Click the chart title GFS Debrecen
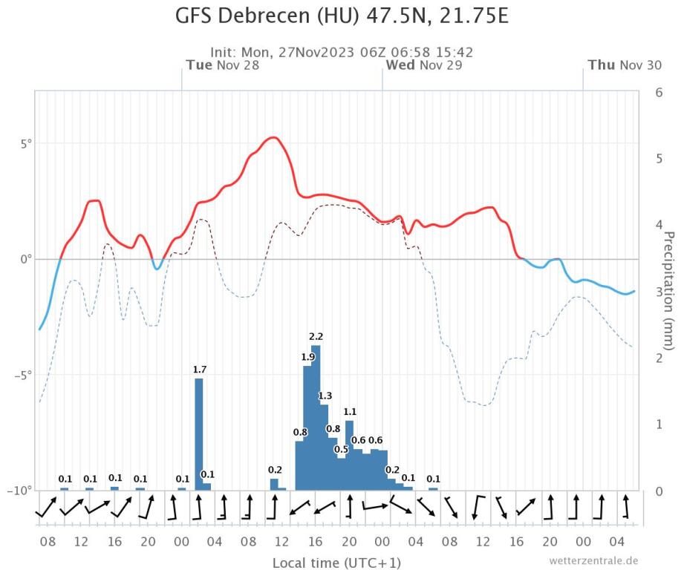click(x=342, y=16)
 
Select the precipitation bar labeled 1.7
click(x=199, y=433)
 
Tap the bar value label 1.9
click(x=307, y=357)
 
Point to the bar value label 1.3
click(x=325, y=395)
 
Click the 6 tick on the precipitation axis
click(x=657, y=92)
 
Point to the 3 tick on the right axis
click(x=657, y=292)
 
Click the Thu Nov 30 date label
click(x=624, y=65)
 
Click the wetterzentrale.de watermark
click(x=593, y=560)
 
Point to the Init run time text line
click(x=342, y=52)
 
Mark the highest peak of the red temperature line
click(x=273, y=137)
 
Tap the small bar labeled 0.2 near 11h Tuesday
click(x=274, y=484)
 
